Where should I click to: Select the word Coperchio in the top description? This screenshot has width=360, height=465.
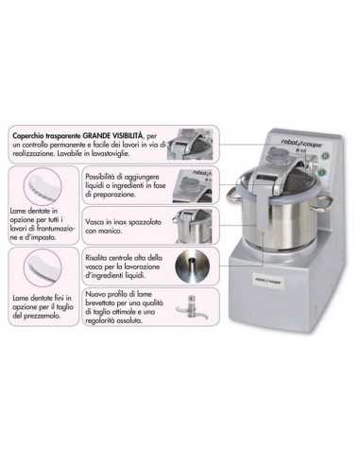click(x=30, y=138)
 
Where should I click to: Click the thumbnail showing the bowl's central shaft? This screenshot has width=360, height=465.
click(x=195, y=266)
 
